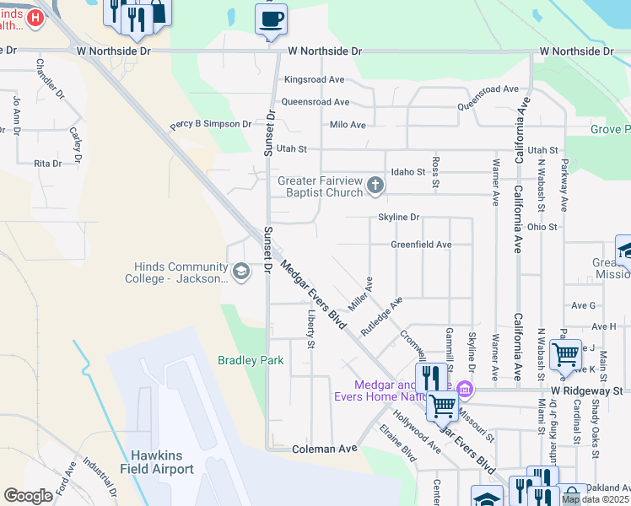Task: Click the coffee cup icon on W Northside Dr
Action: click(x=271, y=19)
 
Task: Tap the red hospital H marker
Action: click(x=35, y=18)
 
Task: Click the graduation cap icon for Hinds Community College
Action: click(x=241, y=271)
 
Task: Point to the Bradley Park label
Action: click(x=251, y=360)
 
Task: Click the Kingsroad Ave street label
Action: click(x=315, y=80)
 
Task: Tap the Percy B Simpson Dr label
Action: click(x=210, y=124)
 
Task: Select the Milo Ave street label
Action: click(x=348, y=125)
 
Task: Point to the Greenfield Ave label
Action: click(x=421, y=245)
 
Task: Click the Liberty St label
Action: click(x=311, y=330)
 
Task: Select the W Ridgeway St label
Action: click(x=586, y=391)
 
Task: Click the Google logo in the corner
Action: click(x=28, y=495)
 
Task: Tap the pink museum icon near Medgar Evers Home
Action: click(x=465, y=389)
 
